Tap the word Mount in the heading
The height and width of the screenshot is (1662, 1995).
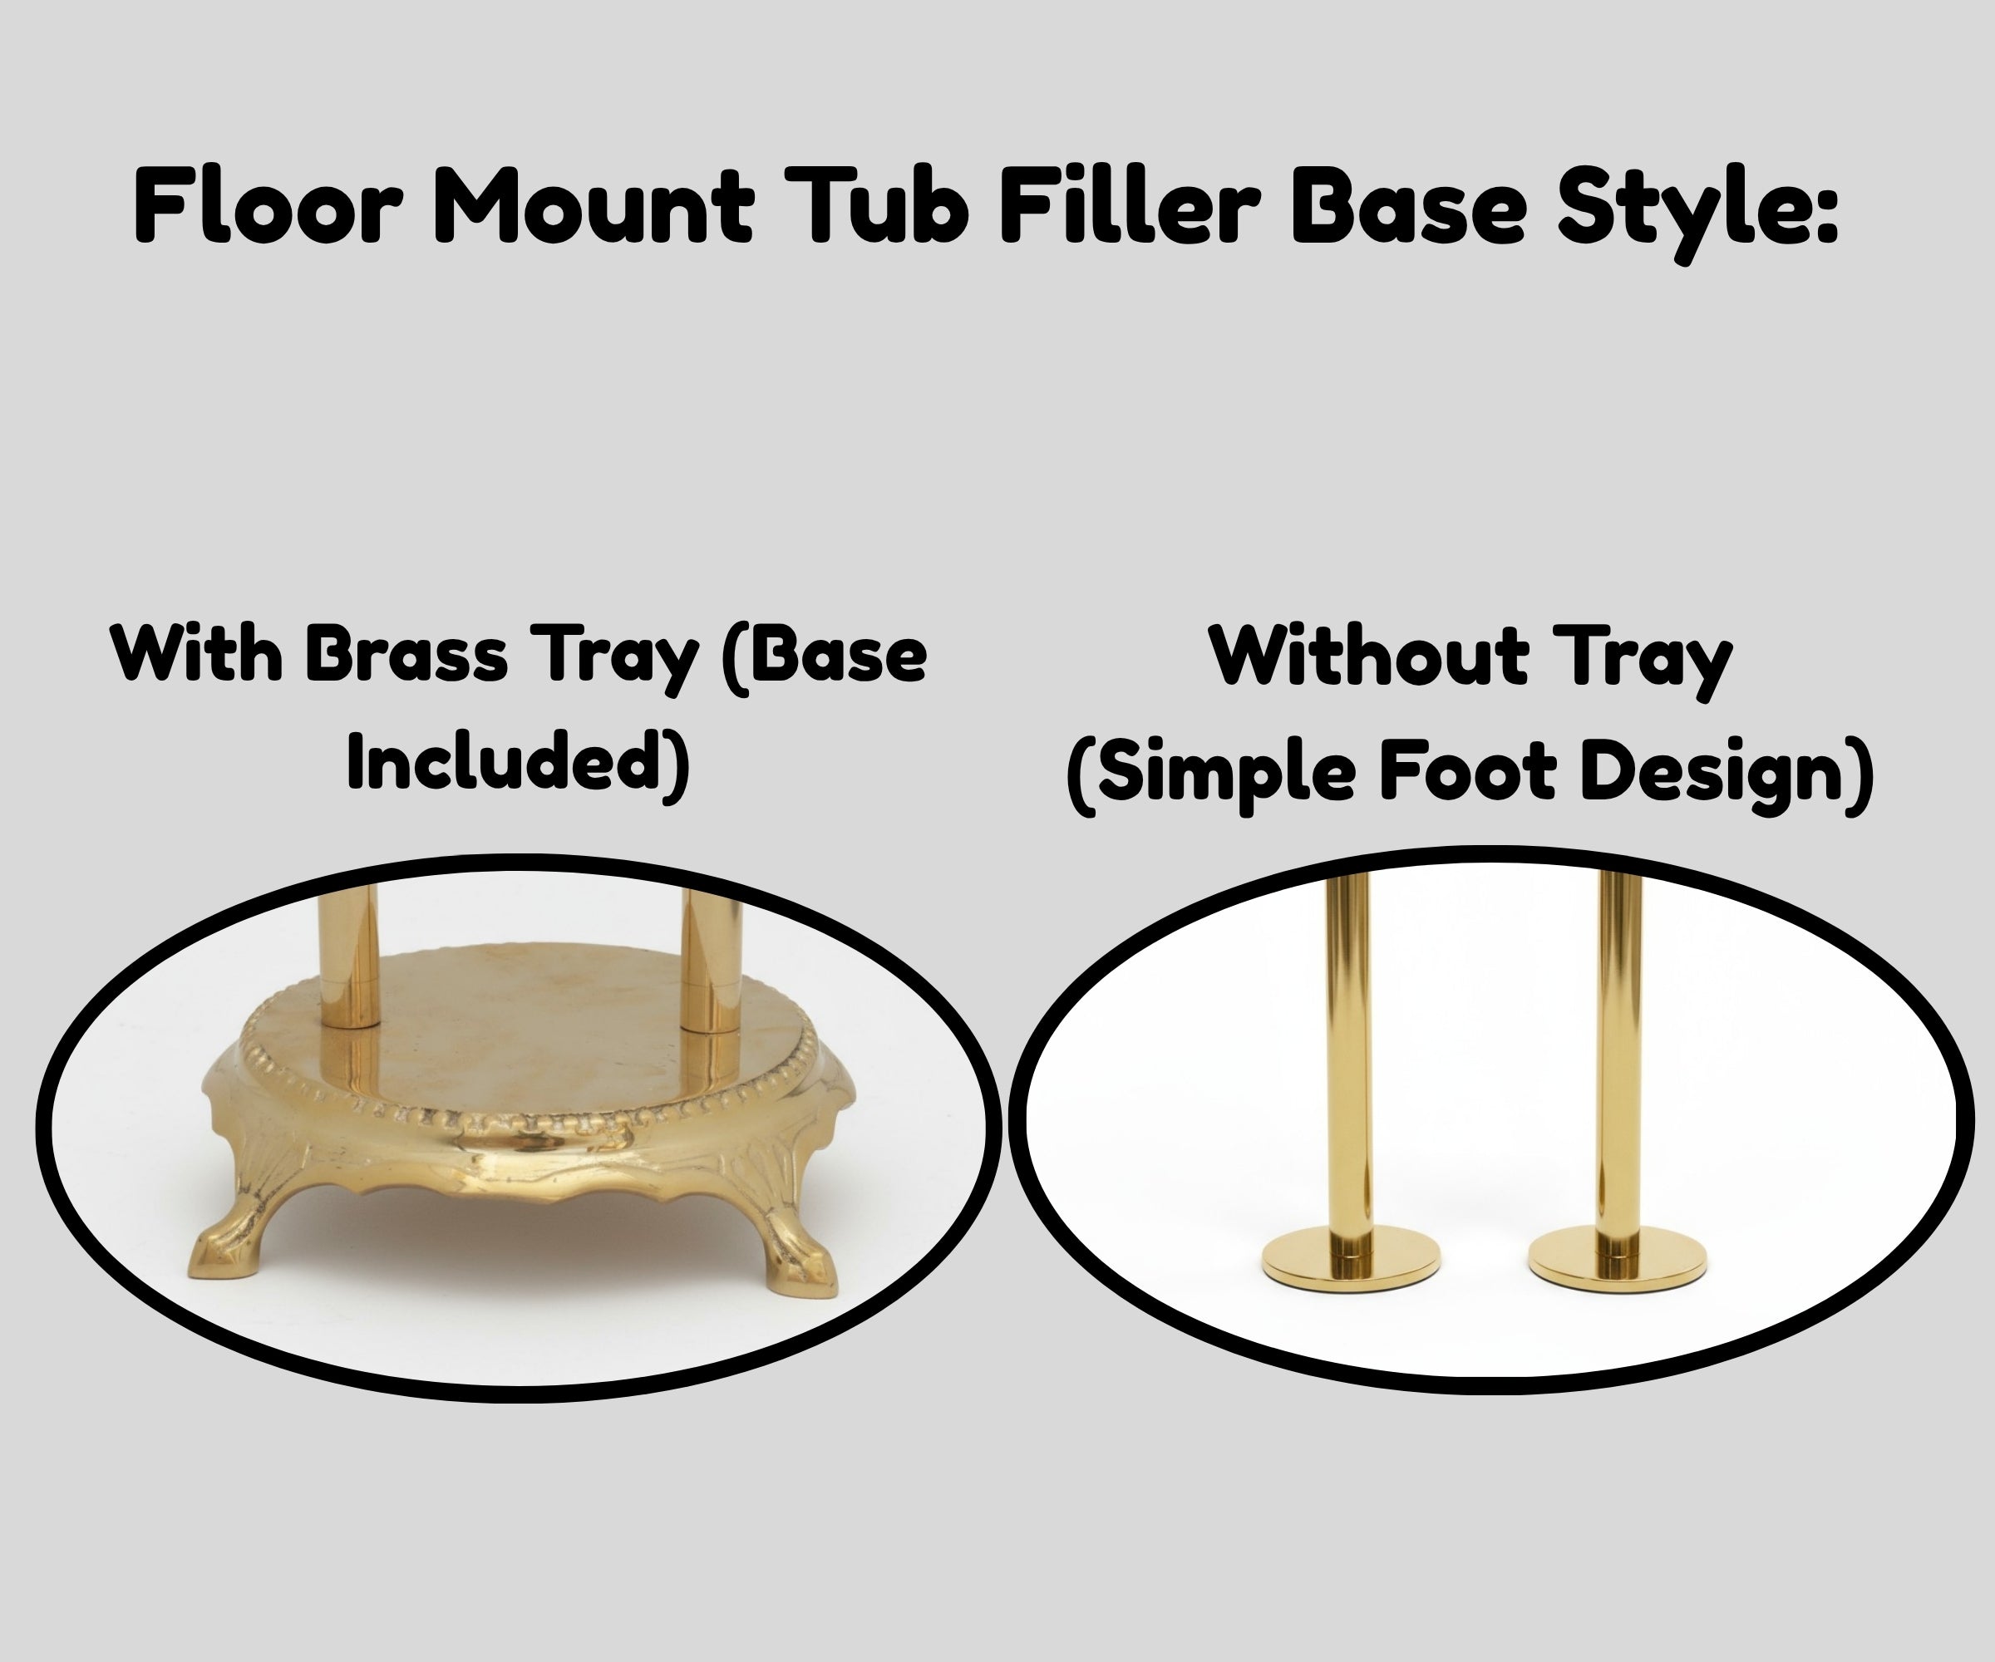point(596,206)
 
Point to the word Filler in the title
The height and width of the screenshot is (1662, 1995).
point(1130,206)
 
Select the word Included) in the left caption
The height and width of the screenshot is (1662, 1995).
point(518,763)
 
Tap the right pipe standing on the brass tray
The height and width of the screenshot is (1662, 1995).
point(711,959)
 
